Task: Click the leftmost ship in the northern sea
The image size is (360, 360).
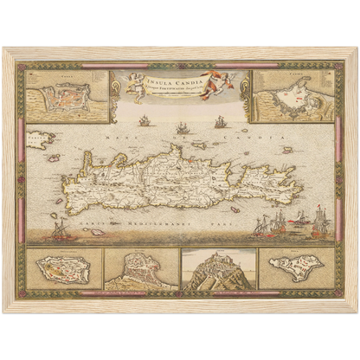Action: [x=144, y=121]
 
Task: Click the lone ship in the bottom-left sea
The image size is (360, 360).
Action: [x=61, y=230]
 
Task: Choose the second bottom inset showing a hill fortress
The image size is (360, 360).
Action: [x=140, y=269]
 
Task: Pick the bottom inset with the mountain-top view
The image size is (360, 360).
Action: [x=218, y=269]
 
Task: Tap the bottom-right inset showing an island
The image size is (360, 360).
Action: [x=295, y=267]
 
